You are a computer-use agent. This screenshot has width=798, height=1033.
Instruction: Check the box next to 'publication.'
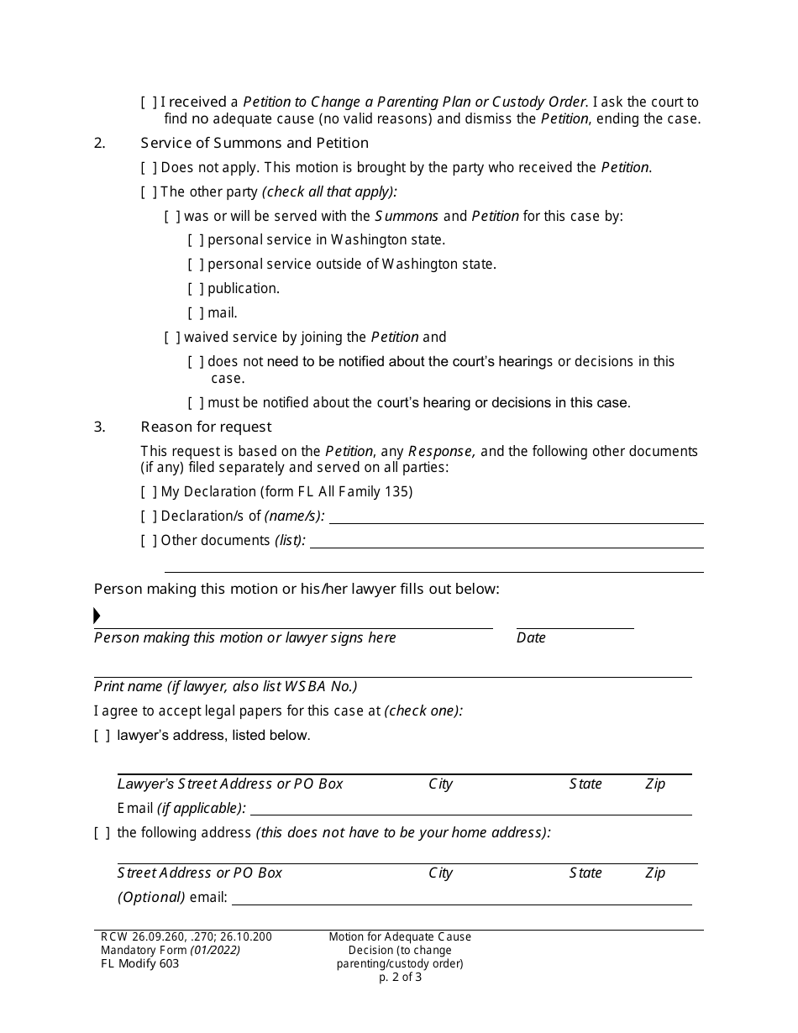(196, 289)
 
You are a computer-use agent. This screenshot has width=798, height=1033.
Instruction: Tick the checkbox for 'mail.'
(196, 313)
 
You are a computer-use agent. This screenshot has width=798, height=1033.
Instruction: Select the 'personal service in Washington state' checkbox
(196, 240)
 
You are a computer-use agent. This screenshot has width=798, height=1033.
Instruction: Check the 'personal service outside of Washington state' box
(196, 265)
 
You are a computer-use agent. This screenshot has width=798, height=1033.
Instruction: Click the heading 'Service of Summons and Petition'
(255, 143)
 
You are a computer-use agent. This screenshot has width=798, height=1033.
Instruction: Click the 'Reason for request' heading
(206, 427)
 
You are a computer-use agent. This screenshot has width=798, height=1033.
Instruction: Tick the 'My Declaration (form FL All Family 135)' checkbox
(149, 492)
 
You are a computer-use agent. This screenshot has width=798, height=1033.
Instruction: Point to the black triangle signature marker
(97, 616)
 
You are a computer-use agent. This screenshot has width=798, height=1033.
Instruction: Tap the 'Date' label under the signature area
(531, 638)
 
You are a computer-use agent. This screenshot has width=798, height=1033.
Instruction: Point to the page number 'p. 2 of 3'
(400, 978)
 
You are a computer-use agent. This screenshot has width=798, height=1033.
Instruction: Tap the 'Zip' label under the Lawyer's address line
(655, 784)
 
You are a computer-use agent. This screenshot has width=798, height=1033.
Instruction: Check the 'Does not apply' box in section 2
(149, 168)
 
